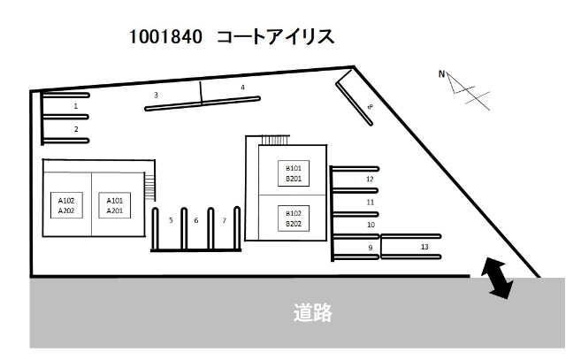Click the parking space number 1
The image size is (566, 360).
click(x=76, y=106)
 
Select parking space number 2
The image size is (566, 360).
click(x=76, y=129)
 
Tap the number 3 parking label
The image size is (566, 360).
click(x=156, y=95)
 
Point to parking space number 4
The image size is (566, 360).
click(x=243, y=88)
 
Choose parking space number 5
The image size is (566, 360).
click(x=171, y=220)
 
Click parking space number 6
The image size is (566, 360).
click(x=196, y=220)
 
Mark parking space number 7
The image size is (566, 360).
click(x=224, y=220)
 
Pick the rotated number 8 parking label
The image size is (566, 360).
click(x=370, y=106)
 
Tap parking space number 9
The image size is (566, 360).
click(x=371, y=248)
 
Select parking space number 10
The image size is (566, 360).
click(x=371, y=225)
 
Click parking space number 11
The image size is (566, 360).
click(x=371, y=203)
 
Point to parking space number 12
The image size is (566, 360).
click(x=370, y=179)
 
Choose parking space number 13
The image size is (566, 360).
click(x=424, y=247)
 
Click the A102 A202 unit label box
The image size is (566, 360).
click(x=66, y=205)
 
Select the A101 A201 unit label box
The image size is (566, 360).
click(x=115, y=205)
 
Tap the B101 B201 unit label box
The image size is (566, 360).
click(x=294, y=173)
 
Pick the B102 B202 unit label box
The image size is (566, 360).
click(x=294, y=218)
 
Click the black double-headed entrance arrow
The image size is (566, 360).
click(x=497, y=278)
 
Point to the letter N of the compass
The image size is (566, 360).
click(x=441, y=74)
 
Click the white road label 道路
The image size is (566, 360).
click(x=312, y=313)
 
